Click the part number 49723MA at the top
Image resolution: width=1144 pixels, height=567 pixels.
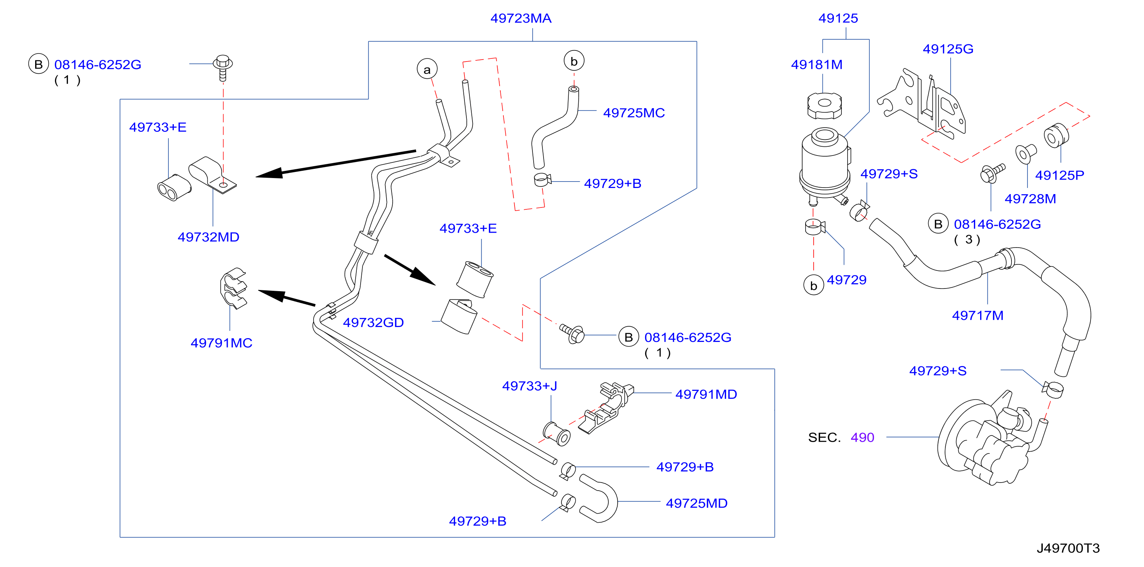tap(521, 18)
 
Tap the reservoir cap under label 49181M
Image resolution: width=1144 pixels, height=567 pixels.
tap(824, 106)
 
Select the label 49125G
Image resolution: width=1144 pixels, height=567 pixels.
tap(948, 49)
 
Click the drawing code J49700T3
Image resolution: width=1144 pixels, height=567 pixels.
tap(1068, 548)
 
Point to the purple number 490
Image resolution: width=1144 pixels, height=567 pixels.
tap(862, 438)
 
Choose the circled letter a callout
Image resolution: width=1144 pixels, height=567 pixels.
tap(427, 69)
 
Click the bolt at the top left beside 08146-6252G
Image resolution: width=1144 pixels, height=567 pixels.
tap(223, 68)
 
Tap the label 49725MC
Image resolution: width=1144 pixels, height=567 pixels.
tap(634, 113)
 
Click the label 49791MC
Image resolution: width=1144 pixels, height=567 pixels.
tap(221, 343)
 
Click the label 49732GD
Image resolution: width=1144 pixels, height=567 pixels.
tap(373, 322)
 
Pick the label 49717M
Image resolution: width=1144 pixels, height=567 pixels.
tap(977, 316)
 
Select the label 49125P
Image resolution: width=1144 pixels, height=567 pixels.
tap(1059, 175)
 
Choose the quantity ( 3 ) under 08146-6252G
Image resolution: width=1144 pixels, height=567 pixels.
tap(967, 240)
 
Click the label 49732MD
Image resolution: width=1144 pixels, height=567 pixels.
tap(208, 237)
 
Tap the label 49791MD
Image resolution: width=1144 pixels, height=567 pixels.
tap(706, 395)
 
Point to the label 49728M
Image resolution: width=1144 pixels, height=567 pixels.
tap(1030, 199)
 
